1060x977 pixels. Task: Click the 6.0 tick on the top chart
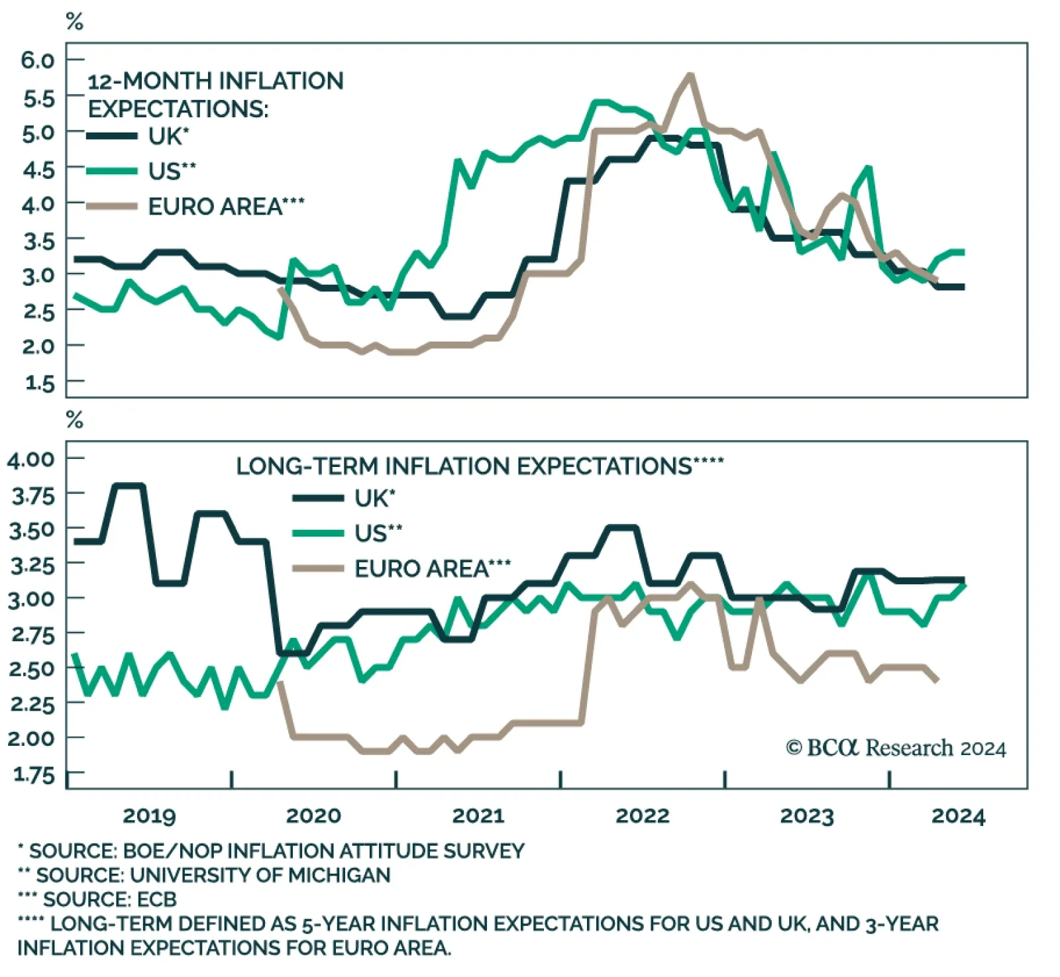tap(37, 60)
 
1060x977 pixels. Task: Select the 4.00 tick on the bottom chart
tap(31, 459)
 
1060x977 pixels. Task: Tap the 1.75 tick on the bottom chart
tap(33, 774)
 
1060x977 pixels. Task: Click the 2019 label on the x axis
tap(149, 815)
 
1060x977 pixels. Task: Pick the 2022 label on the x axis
tap(643, 815)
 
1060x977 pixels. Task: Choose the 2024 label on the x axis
tap(958, 815)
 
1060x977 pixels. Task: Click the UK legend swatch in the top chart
tap(113, 136)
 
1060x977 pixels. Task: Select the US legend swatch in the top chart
tap(113, 171)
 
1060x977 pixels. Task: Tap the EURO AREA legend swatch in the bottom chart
tap(318, 568)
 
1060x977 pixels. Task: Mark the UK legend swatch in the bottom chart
tap(318, 497)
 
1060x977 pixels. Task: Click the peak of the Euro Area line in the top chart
tap(690, 76)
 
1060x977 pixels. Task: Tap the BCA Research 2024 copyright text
tap(896, 748)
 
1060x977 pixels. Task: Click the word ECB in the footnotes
tap(156, 900)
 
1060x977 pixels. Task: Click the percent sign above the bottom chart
tap(75, 419)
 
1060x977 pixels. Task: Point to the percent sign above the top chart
tap(75, 22)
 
